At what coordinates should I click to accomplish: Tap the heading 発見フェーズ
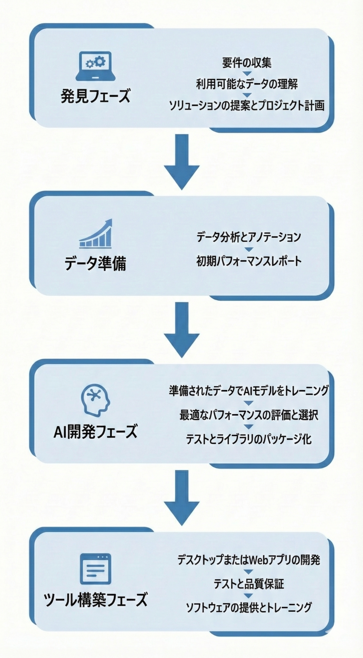(95, 96)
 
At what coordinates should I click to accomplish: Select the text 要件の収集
(247, 63)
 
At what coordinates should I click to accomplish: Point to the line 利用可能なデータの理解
(247, 84)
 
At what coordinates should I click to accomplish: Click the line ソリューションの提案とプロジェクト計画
(247, 105)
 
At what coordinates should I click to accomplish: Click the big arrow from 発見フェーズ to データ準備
(182, 162)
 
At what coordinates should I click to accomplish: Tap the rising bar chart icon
(95, 234)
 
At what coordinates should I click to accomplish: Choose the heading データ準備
(95, 263)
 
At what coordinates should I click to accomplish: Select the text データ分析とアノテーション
(249, 237)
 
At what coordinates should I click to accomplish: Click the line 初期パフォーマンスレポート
(249, 261)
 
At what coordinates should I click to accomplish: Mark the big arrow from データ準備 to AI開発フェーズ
(182, 330)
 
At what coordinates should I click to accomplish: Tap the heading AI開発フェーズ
(95, 432)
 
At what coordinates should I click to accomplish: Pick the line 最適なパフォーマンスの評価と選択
(249, 415)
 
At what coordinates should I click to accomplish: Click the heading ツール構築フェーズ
(95, 599)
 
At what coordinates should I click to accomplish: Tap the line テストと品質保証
(249, 583)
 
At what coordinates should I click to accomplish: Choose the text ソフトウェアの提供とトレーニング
(249, 607)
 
